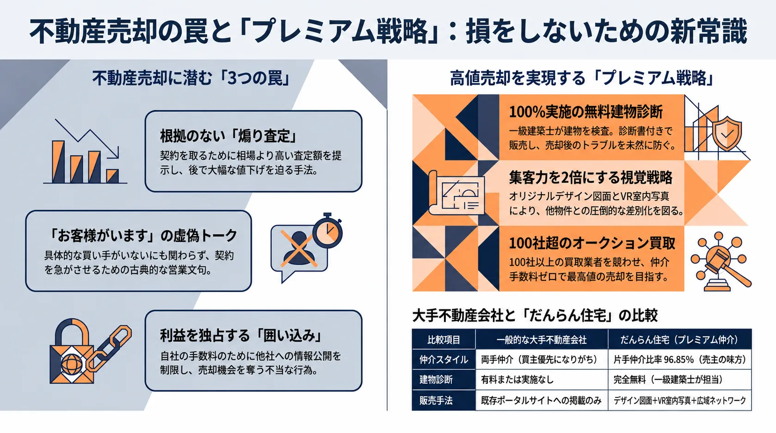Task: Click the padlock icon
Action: (72, 351)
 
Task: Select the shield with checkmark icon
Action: (727, 133)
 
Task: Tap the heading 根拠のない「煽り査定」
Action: (228, 136)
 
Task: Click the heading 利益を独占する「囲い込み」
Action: (241, 335)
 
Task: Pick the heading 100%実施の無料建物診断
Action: (586, 112)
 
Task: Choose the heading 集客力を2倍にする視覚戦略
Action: (591, 177)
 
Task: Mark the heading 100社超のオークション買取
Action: (592, 244)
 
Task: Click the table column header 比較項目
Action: (444, 340)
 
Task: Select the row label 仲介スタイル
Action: (444, 360)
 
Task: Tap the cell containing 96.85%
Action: (680, 360)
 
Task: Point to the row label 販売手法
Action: (436, 401)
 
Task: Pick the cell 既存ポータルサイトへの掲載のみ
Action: (541, 401)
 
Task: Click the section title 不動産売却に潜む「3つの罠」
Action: (191, 78)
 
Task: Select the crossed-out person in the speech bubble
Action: (299, 248)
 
